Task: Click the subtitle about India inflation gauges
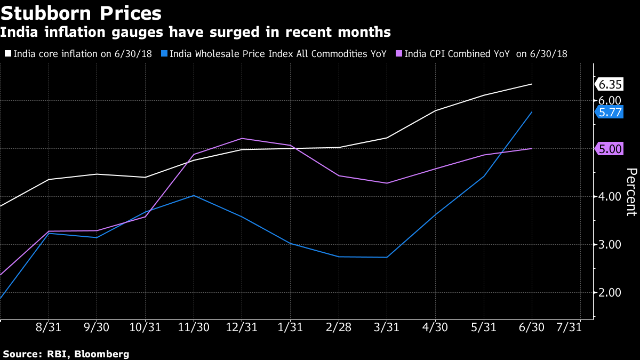click(195, 33)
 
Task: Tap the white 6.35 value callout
click(610, 85)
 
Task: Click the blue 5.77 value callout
click(610, 113)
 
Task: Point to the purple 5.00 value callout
click(610, 149)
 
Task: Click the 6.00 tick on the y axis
click(610, 100)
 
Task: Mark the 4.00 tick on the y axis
click(610, 197)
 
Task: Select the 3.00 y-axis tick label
click(610, 245)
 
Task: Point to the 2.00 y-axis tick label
click(610, 293)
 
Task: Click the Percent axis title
click(631, 192)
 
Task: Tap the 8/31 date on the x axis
click(49, 327)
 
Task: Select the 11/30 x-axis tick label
click(193, 327)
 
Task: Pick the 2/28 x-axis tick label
click(338, 327)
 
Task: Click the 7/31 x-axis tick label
click(569, 327)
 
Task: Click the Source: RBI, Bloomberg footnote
click(66, 354)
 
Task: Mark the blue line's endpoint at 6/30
click(532, 112)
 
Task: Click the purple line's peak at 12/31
click(242, 138)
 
